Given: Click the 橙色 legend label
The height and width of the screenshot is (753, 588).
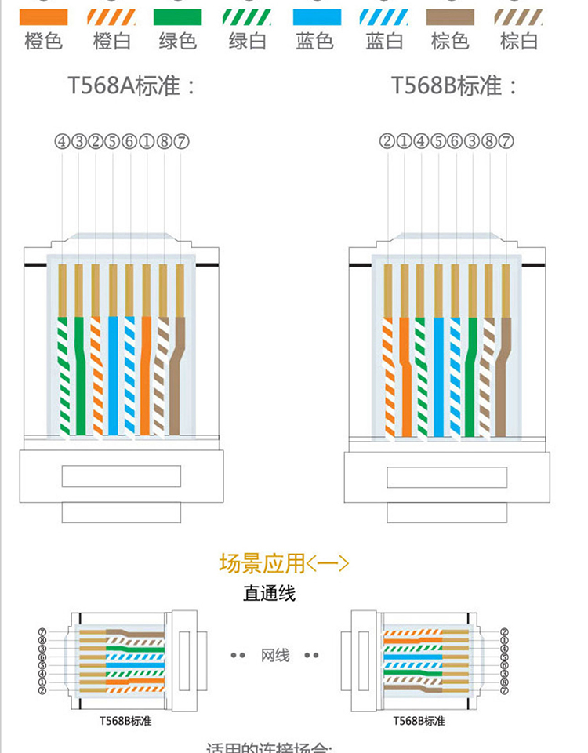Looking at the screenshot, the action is click(x=43, y=42).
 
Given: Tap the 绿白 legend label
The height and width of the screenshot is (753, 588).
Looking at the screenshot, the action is click(x=248, y=42).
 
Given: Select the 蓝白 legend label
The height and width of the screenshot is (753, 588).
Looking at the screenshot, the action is click(x=384, y=42).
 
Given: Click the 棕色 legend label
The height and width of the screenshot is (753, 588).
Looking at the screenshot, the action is click(x=451, y=42).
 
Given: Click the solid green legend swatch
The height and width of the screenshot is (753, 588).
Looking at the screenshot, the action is click(x=179, y=16).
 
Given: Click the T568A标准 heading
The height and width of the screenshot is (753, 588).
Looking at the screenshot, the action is click(x=131, y=85).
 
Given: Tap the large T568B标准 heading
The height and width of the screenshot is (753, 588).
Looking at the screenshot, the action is click(x=455, y=85).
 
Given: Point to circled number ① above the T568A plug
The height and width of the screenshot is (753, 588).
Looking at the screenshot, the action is click(x=147, y=142).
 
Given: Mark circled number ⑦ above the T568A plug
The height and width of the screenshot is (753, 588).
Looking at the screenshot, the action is click(x=181, y=142).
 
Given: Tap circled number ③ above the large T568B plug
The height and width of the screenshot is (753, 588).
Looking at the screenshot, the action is click(x=471, y=142).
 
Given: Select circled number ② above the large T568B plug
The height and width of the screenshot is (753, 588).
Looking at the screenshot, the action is click(x=387, y=142).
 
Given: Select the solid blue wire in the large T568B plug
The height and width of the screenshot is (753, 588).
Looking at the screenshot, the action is click(x=438, y=376).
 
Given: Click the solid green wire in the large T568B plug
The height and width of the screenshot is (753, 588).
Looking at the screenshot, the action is click(x=470, y=376).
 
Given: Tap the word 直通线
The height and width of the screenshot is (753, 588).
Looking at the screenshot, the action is click(x=269, y=594).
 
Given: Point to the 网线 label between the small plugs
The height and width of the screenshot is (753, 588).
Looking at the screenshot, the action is click(x=275, y=655).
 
